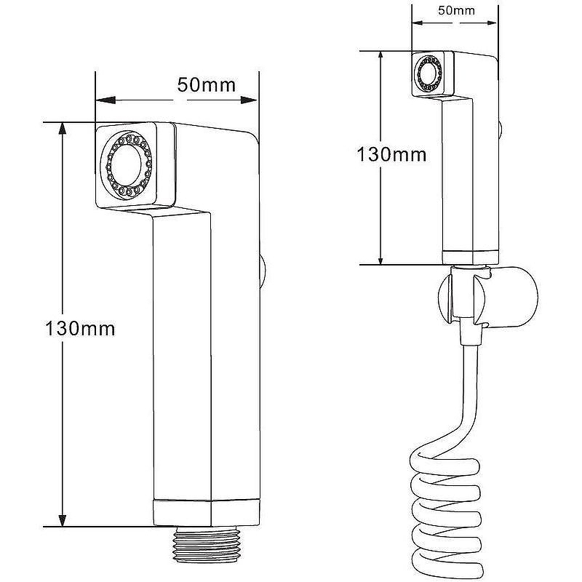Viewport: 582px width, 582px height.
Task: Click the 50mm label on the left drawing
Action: click(x=206, y=84)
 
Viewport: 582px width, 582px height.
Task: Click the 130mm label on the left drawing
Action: click(x=80, y=328)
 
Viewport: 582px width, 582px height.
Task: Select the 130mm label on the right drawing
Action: click(x=391, y=154)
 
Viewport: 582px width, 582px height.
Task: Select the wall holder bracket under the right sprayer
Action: click(x=502, y=295)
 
